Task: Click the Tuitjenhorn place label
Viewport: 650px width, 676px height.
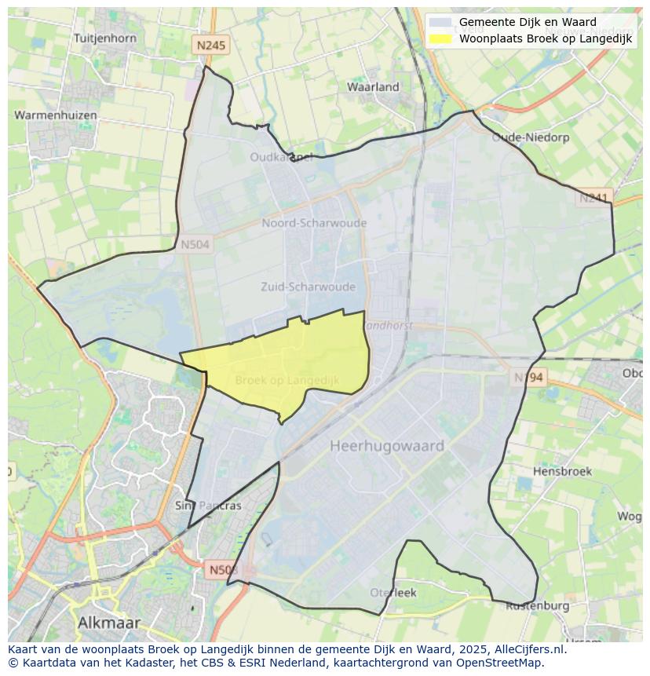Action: coord(104,38)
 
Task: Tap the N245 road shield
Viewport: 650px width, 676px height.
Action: coord(210,46)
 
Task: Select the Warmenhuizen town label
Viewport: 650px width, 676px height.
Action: coord(56,115)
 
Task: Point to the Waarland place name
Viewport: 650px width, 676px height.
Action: coord(373,87)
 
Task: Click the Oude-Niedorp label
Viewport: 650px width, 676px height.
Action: coord(524,137)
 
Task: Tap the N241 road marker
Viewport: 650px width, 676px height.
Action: coord(593,198)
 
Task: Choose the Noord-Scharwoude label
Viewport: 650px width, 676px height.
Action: coord(314,223)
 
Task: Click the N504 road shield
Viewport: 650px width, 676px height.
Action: coord(195,245)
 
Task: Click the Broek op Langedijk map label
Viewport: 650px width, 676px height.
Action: coord(287,381)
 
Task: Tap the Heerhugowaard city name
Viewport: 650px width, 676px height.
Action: coord(387,446)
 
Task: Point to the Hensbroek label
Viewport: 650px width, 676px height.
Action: coord(562,472)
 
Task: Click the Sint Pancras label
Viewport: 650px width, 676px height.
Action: coord(208,506)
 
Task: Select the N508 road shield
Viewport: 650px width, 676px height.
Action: coord(224,568)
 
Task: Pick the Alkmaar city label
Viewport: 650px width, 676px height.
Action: coord(109,623)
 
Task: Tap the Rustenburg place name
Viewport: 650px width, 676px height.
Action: coord(537,606)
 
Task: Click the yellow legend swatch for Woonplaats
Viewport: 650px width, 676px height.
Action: coord(441,38)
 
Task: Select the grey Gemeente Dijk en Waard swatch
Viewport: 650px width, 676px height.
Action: coord(441,22)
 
